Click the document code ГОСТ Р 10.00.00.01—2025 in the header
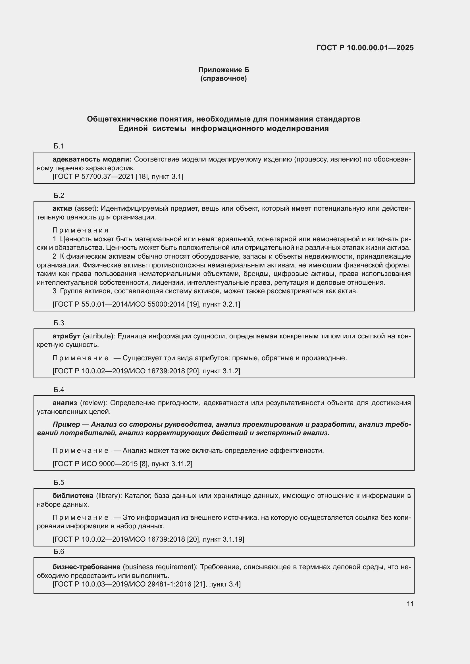click(x=365, y=48)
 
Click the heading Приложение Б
click(x=223, y=70)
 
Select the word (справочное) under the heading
click(x=223, y=78)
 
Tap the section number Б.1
click(x=59, y=146)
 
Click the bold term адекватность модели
click(x=92, y=159)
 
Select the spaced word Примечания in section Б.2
click(x=80, y=230)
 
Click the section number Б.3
click(x=59, y=323)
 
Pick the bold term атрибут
click(x=66, y=336)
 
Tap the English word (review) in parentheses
click(x=93, y=403)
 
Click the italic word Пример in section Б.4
click(x=66, y=424)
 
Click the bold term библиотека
click(x=73, y=495)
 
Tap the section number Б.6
click(x=59, y=552)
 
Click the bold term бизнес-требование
click(x=86, y=567)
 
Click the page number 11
click(x=410, y=604)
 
